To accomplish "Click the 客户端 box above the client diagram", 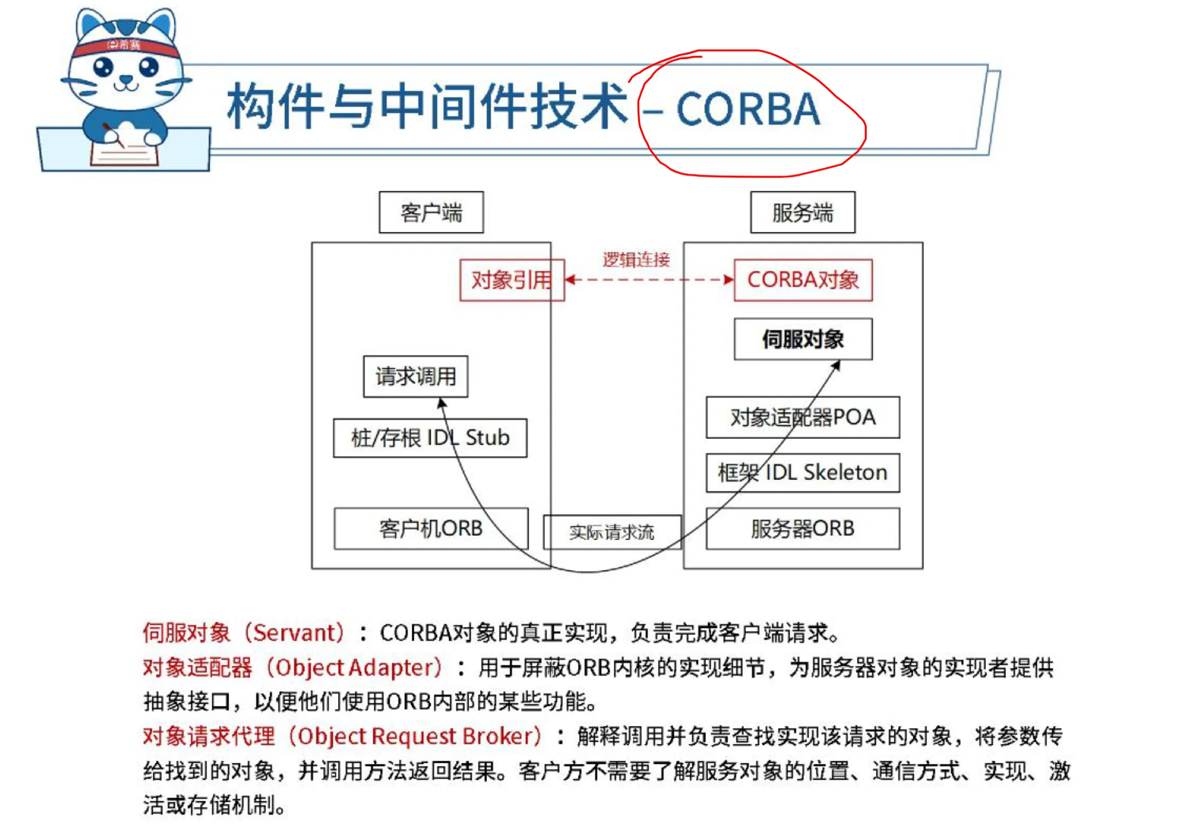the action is [431, 212].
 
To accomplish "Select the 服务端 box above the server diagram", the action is [803, 212].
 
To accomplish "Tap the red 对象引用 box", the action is [512, 280].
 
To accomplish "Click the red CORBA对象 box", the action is [803, 280].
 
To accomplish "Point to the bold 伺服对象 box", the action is [803, 339].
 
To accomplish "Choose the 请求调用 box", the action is [416, 376].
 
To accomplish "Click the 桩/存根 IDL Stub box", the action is [430, 438].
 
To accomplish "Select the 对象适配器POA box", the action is [803, 417].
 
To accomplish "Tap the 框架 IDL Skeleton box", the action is [803, 472].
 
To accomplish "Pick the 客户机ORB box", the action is [431, 528].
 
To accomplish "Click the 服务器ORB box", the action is [803, 528].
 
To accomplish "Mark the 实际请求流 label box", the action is [612, 532].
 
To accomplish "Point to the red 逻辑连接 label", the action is [637, 260].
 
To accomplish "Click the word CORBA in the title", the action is [748, 109].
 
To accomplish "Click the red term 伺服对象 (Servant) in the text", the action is [244, 633].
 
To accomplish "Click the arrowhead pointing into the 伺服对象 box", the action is [836, 366].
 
